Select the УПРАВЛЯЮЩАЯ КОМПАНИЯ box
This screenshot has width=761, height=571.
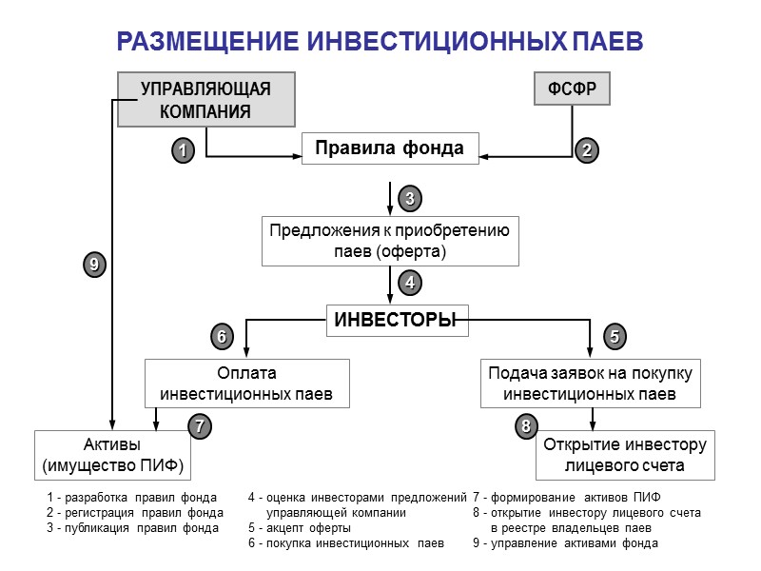click(x=205, y=100)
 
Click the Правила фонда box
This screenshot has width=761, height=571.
click(x=389, y=148)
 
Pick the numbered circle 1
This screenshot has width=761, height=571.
click(x=182, y=149)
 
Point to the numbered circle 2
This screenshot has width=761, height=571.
click(x=587, y=149)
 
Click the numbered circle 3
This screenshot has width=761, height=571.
click(x=409, y=199)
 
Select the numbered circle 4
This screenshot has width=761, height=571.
click(x=409, y=283)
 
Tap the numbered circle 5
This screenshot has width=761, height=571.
click(x=615, y=336)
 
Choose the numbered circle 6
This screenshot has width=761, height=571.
click(x=221, y=336)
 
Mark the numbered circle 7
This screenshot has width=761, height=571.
click(x=198, y=427)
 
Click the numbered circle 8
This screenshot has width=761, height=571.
click(x=525, y=427)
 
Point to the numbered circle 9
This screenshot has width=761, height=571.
click(x=92, y=266)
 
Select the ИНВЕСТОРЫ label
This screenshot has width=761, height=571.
click(x=390, y=321)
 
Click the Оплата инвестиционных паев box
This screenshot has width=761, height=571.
click(x=246, y=383)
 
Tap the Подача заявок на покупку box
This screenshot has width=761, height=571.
click(x=590, y=383)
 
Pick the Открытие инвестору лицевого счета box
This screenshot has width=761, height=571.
click(x=624, y=456)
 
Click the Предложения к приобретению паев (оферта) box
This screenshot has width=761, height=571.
click(x=390, y=241)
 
